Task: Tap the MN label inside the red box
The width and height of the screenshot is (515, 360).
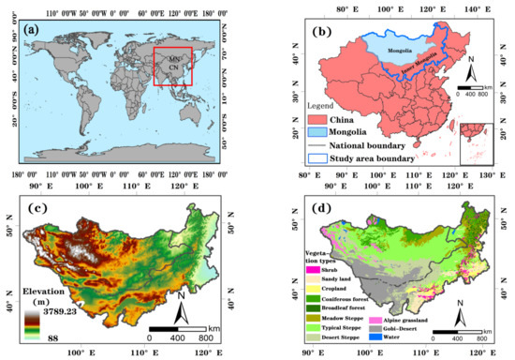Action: click(174, 59)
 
